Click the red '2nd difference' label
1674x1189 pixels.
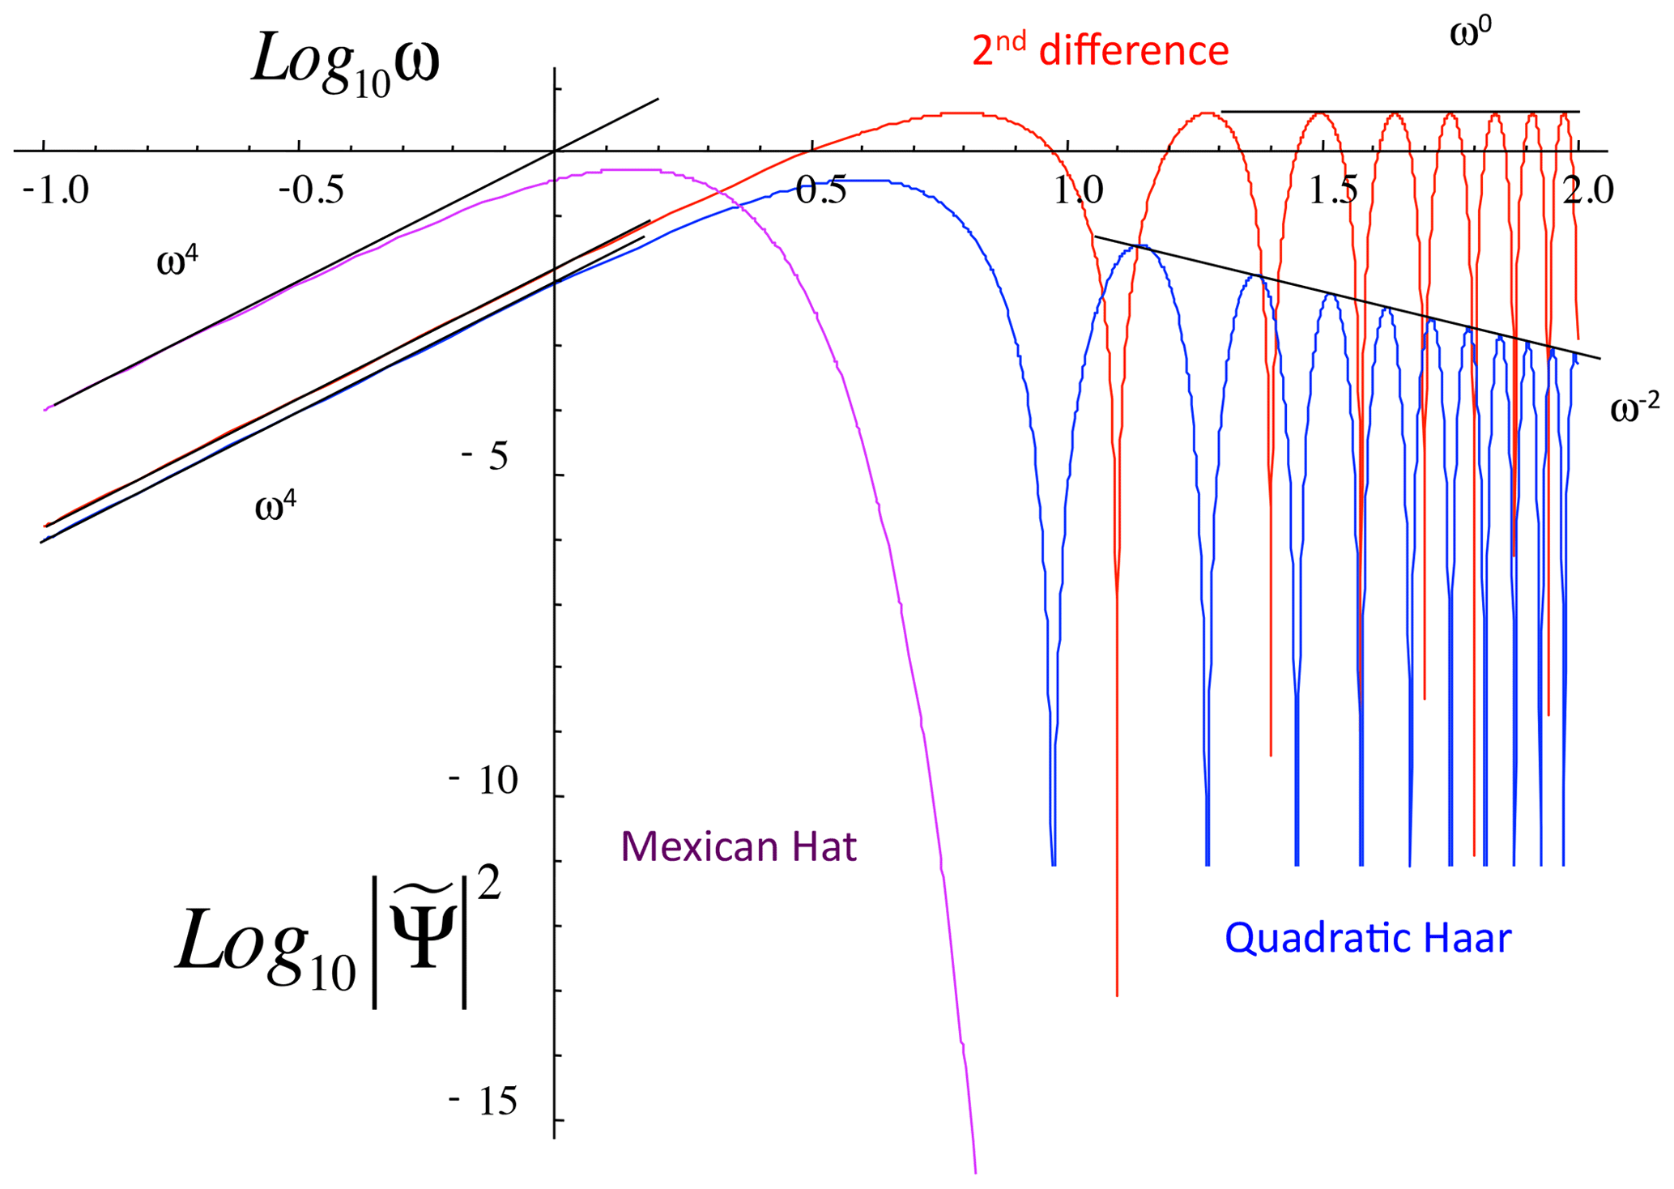click(x=1100, y=51)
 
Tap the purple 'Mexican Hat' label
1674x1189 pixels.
click(x=738, y=847)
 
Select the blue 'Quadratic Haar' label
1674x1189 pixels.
click(x=1367, y=938)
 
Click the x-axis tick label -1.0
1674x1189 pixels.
click(x=56, y=191)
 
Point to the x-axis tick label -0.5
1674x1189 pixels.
click(x=311, y=191)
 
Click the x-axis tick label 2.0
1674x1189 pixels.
click(x=1587, y=191)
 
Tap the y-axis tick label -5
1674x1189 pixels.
click(x=485, y=457)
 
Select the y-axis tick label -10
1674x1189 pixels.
click(x=483, y=781)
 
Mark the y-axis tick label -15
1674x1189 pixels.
click(x=483, y=1102)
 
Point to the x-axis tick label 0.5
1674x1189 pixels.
click(x=821, y=191)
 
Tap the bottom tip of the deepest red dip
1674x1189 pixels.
click(x=1117, y=995)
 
